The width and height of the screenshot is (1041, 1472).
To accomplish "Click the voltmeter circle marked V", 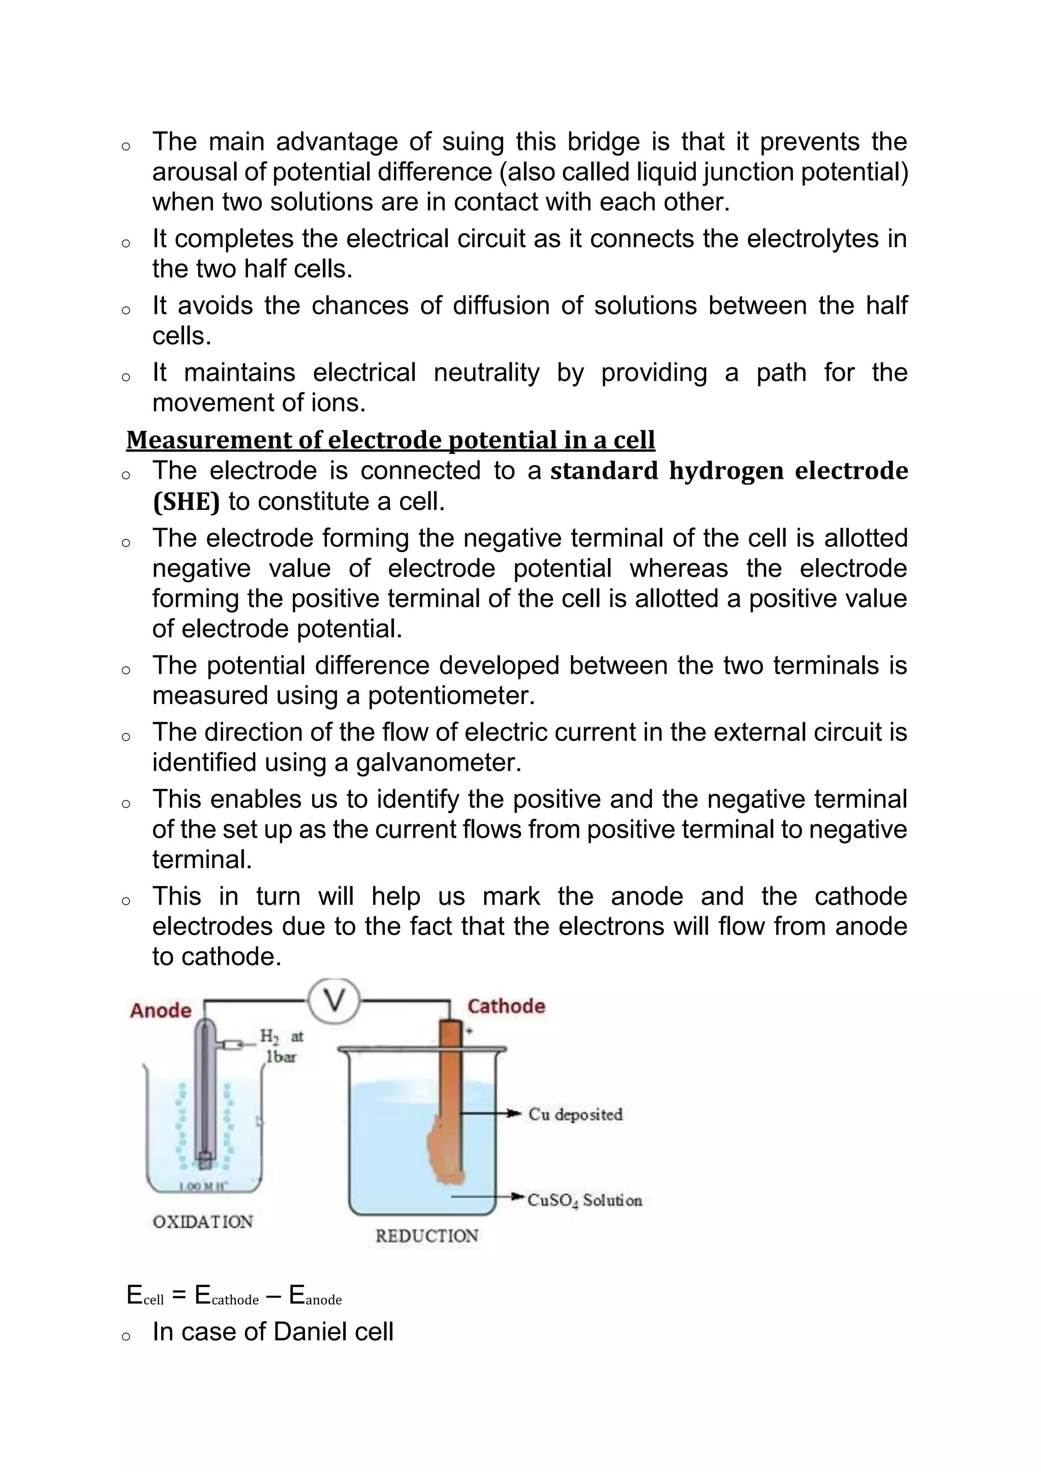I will click(x=334, y=1001).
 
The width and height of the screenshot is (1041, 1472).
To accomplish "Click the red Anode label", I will click(x=161, y=1011).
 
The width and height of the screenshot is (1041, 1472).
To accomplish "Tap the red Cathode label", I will click(x=506, y=1006).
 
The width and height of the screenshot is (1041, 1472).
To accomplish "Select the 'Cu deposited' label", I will click(x=575, y=1114).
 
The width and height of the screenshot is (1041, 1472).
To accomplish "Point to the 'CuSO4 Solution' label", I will click(x=584, y=1200).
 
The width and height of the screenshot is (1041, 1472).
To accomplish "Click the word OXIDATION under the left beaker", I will click(x=203, y=1221).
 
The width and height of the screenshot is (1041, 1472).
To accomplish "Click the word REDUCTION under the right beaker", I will click(x=427, y=1236).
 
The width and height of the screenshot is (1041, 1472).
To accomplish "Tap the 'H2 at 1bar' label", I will click(x=281, y=1046).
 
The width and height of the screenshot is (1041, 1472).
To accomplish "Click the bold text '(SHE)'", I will click(x=186, y=501).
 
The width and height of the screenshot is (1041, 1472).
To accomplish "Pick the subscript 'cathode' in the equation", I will click(x=235, y=1300).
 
